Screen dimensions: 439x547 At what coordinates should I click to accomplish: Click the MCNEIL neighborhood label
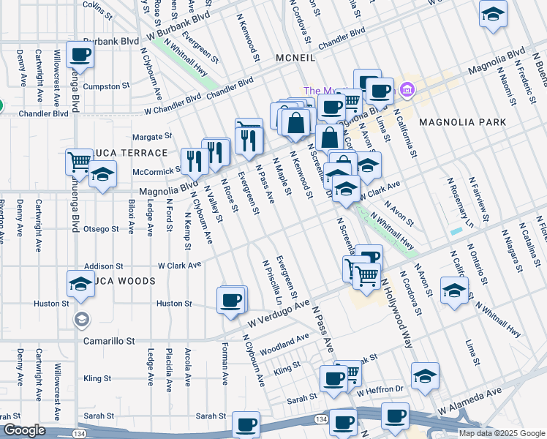point(296,57)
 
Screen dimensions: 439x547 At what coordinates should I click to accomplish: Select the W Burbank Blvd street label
point(178,26)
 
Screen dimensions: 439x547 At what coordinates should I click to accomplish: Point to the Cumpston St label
point(106,86)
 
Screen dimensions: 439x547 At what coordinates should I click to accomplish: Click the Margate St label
point(152,136)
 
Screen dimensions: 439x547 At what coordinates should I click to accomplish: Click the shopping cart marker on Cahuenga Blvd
point(80,161)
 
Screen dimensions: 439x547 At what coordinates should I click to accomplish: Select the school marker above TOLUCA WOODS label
point(80,283)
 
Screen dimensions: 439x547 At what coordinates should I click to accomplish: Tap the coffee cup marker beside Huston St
point(231,299)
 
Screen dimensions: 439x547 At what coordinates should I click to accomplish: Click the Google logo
point(25,430)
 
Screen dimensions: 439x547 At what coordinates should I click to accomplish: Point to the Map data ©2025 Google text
point(501,432)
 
